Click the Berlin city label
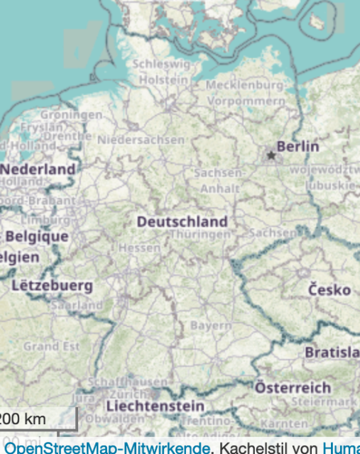(298, 147)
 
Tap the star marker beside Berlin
(271, 155)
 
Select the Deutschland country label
(182, 222)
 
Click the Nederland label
(38, 170)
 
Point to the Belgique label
(37, 236)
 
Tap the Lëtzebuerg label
(52, 286)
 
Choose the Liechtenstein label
(155, 406)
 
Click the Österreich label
(293, 388)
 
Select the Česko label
(329, 290)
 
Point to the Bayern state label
(210, 326)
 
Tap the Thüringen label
(200, 234)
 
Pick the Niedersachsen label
(141, 140)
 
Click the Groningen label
(71, 114)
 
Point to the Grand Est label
(51, 347)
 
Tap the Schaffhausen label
(125, 382)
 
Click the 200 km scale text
(24, 419)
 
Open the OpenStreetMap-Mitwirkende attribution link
(107, 448)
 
